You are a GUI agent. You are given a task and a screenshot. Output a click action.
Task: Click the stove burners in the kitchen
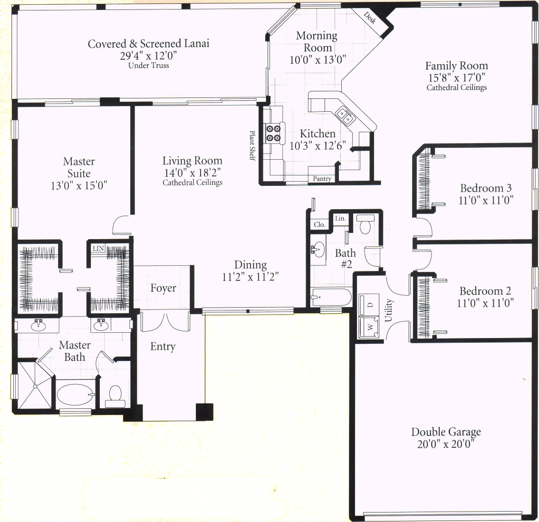(x=274, y=134)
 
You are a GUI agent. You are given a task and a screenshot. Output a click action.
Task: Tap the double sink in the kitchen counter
(x=345, y=116)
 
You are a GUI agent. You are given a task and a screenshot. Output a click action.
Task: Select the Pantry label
(x=322, y=179)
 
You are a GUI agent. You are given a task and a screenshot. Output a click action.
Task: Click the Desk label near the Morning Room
(x=370, y=18)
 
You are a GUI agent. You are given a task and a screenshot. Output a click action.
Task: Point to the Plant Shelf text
(x=252, y=145)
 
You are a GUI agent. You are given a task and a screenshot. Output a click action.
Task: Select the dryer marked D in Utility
(x=369, y=305)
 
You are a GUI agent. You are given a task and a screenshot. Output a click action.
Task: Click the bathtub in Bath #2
(x=331, y=298)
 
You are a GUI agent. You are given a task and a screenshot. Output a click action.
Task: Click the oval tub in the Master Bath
(x=76, y=394)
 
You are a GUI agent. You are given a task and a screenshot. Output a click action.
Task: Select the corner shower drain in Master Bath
(x=35, y=386)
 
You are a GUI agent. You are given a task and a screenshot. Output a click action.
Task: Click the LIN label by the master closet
(x=98, y=248)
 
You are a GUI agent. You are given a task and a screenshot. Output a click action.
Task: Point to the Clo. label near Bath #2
(x=319, y=224)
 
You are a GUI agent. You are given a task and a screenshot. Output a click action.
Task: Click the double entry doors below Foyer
(x=165, y=321)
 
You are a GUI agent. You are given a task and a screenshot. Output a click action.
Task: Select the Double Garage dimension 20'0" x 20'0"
(x=446, y=444)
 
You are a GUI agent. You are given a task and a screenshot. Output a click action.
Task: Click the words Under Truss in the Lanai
(x=148, y=65)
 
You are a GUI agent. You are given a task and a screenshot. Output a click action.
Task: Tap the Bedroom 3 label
(x=486, y=188)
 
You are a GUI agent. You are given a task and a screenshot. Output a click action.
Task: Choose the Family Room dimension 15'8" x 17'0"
(x=456, y=77)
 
